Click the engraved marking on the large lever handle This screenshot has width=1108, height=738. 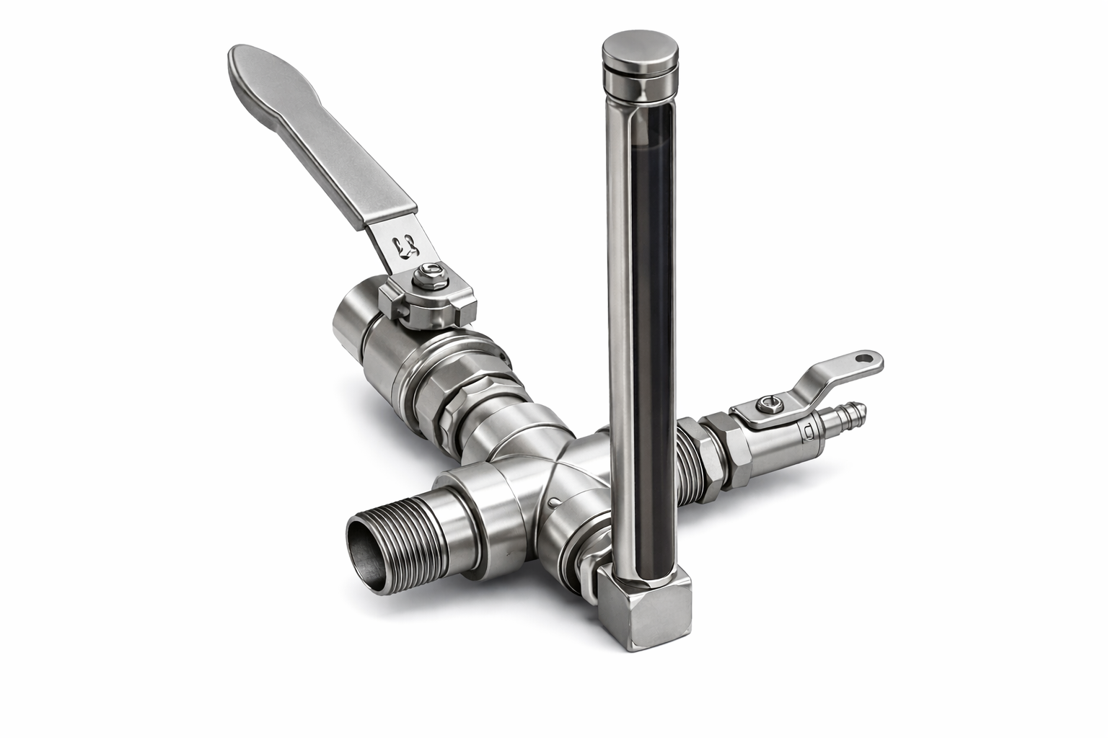click(406, 246)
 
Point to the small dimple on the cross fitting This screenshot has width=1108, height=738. click(551, 502)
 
